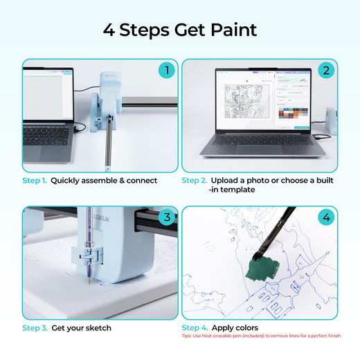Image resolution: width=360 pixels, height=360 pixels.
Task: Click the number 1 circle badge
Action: pyautogui.click(x=165, y=70)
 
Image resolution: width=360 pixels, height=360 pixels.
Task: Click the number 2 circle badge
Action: pyautogui.click(x=325, y=70)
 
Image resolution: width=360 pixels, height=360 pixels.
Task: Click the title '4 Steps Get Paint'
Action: pyautogui.click(x=180, y=30)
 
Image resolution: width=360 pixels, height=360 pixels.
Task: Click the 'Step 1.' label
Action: pyautogui.click(x=35, y=181)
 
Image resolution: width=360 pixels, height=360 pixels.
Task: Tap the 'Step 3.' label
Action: pyautogui.click(x=35, y=328)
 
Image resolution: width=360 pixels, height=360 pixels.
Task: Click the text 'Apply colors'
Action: pyautogui.click(x=235, y=328)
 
